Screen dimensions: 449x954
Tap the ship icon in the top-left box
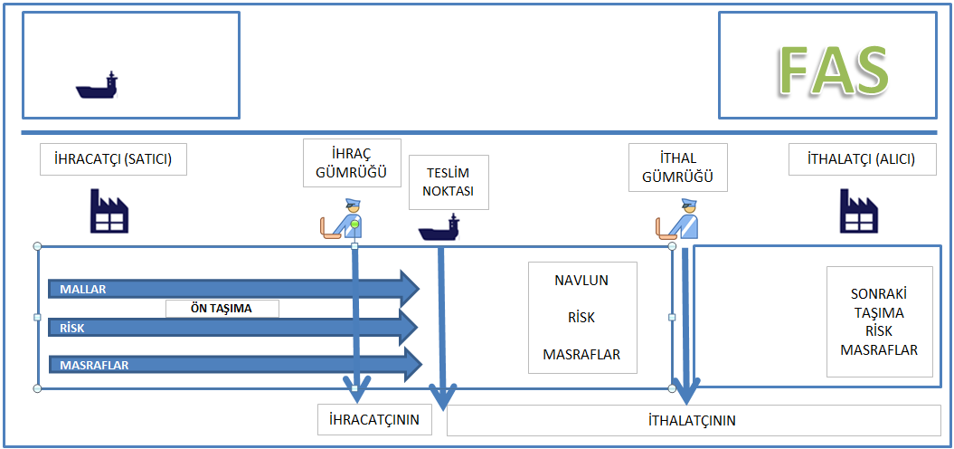pos(97,86)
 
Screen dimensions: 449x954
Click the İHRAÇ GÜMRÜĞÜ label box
pos(352,161)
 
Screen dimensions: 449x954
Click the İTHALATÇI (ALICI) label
pos(862,160)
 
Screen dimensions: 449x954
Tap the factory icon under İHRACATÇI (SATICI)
pos(109,210)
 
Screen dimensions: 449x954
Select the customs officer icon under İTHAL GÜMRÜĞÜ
pos(678,220)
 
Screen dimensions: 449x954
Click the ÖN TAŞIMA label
pos(222,308)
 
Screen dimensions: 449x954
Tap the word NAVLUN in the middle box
pos(581,281)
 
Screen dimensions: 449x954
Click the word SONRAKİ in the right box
pos(879,294)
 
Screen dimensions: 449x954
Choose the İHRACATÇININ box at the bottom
pos(374,420)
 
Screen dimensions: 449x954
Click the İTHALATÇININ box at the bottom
pos(692,420)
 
